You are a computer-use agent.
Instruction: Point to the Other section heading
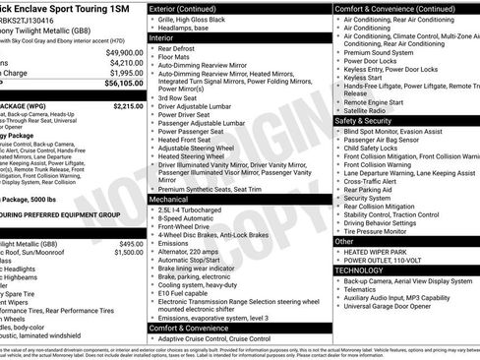click(x=344, y=240)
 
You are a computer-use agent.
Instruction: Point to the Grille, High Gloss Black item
click(x=202, y=18)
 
